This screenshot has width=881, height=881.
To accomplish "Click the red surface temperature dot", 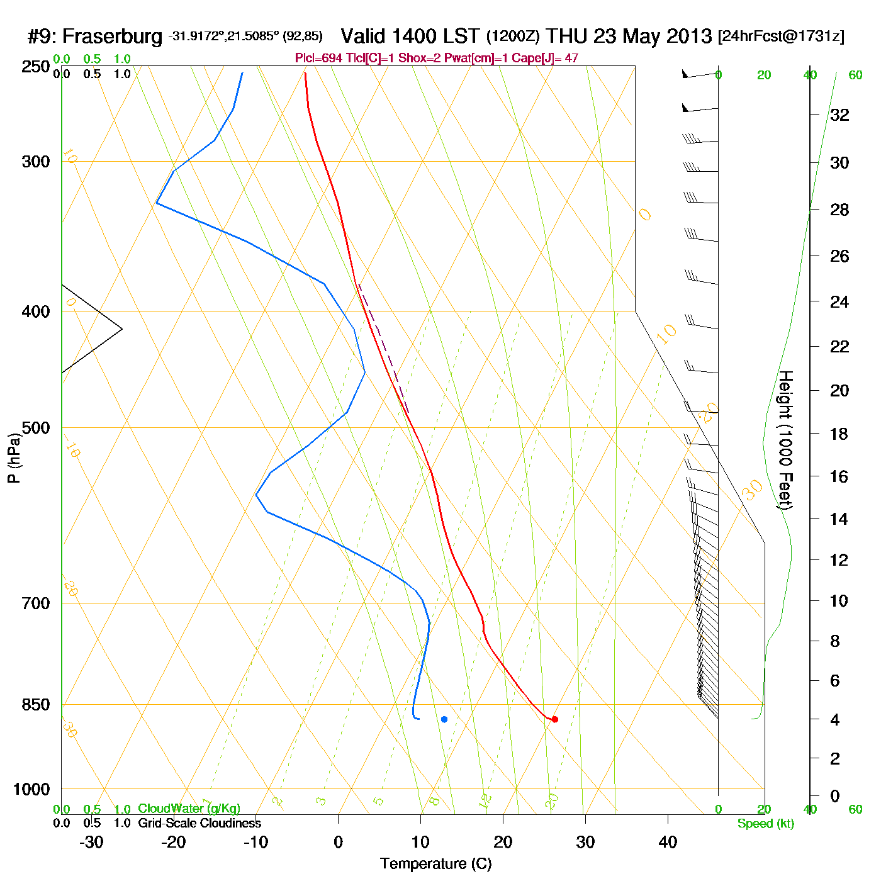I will (554, 719).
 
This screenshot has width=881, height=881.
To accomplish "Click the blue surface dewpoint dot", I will (444, 719).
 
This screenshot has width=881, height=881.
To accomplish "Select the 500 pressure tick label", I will (36, 428).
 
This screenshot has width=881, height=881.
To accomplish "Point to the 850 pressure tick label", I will (36, 705).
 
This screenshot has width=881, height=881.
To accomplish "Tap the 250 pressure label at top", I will (36, 67).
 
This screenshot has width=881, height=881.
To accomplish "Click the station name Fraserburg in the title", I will (112, 36).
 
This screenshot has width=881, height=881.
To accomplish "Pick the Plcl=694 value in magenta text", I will (318, 59).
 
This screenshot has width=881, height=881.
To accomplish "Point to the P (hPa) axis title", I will (14, 457).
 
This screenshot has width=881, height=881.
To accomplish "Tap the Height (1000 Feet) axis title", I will (785, 440).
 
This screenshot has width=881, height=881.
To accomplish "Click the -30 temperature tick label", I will (91, 842).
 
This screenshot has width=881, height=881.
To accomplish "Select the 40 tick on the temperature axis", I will (668, 842).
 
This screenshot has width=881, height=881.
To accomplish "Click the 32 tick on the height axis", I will (839, 115).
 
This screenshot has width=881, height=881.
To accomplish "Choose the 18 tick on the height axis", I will (839, 434).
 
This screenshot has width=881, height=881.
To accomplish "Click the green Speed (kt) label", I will (765, 824).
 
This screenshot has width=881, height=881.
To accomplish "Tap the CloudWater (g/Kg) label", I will (189, 809).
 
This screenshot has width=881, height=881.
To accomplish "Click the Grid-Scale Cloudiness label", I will (199, 823).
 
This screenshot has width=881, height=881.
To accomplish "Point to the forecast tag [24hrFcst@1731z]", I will (781, 36).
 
